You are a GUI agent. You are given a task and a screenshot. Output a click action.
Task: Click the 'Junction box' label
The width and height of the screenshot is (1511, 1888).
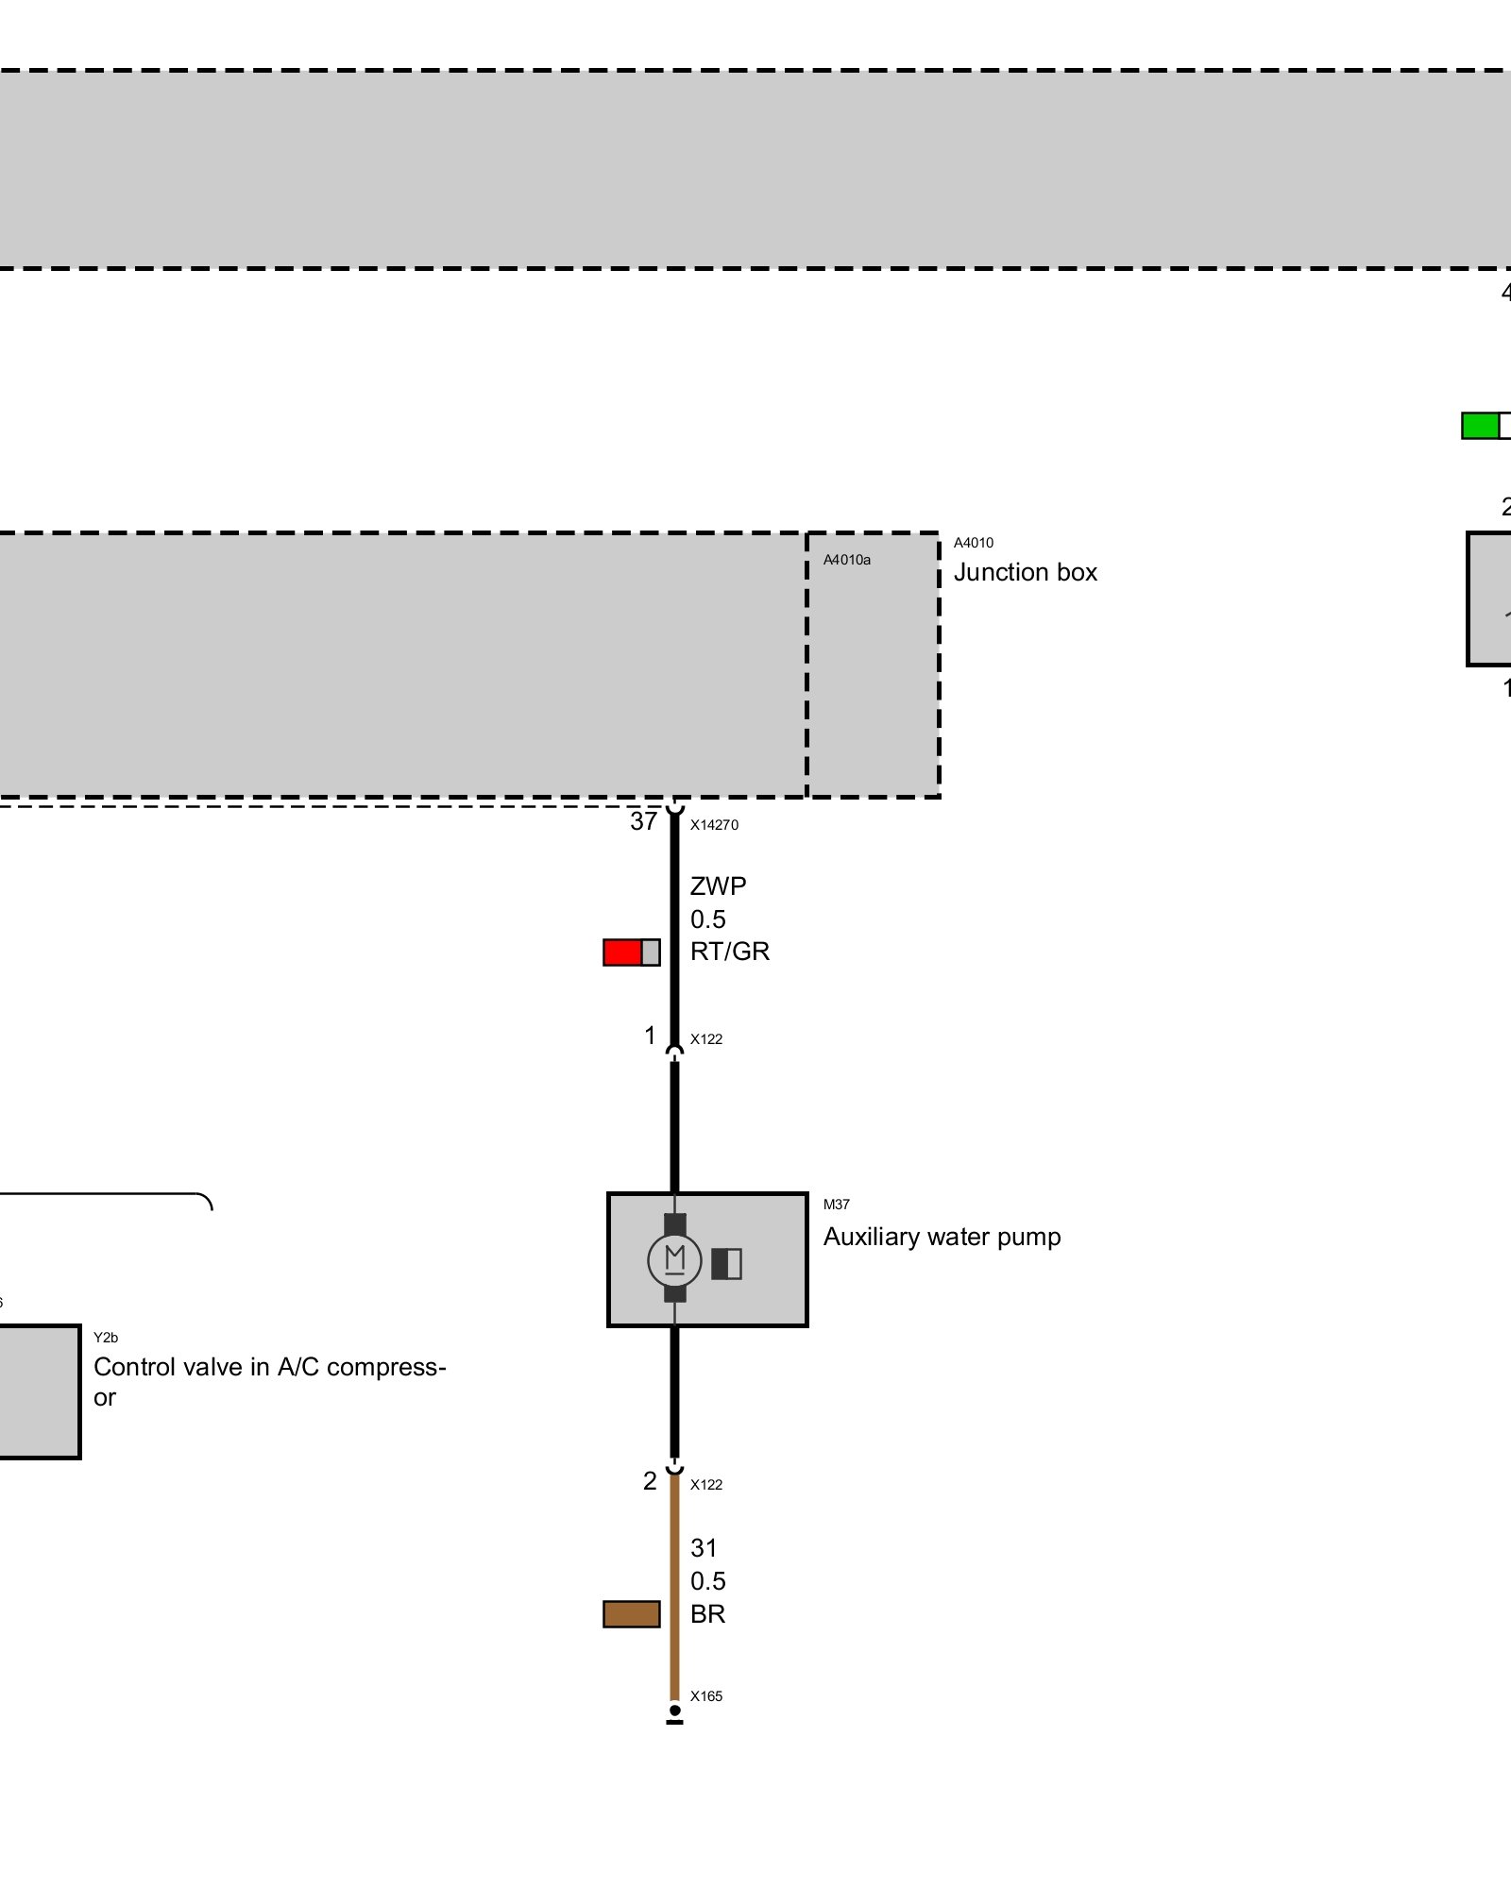(x=1025, y=572)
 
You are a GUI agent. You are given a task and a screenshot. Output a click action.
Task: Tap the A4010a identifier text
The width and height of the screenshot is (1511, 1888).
(x=846, y=560)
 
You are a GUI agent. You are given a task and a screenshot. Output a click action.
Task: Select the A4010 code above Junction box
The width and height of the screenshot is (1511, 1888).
(x=973, y=543)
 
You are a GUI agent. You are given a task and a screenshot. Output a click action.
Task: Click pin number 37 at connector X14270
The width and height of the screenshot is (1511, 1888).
(x=643, y=821)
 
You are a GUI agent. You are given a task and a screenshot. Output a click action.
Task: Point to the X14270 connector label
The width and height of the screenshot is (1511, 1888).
(x=714, y=825)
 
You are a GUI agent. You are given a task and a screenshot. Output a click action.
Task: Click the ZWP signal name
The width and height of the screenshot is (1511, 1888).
(x=718, y=886)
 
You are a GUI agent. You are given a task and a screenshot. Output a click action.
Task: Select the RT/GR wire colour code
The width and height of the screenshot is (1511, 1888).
(x=729, y=952)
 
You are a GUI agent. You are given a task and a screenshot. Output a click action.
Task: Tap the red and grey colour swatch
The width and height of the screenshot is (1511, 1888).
(x=631, y=952)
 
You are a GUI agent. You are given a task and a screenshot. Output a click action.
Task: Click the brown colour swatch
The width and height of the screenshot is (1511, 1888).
(x=631, y=1614)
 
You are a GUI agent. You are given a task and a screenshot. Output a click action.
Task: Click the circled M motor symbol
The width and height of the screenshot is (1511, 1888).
(x=674, y=1259)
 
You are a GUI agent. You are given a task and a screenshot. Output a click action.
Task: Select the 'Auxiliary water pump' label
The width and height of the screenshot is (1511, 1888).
(x=942, y=1237)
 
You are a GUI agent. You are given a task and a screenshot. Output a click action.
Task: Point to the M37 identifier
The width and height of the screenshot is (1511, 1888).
(x=836, y=1205)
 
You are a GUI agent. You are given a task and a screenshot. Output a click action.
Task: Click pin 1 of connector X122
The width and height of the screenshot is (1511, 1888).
(x=650, y=1037)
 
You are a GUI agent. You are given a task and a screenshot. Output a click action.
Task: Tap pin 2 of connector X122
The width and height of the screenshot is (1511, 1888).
(x=650, y=1481)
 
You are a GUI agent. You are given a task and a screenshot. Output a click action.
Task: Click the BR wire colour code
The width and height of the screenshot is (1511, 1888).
(x=707, y=1614)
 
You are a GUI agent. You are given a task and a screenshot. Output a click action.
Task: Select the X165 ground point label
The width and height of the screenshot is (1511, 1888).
(x=705, y=1696)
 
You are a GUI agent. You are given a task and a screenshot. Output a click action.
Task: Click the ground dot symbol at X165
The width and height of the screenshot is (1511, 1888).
(x=674, y=1711)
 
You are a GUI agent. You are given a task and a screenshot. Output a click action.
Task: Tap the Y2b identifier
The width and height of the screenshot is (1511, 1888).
(x=106, y=1338)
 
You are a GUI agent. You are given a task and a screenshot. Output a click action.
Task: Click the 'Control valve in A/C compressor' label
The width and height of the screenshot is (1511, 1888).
(x=269, y=1381)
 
